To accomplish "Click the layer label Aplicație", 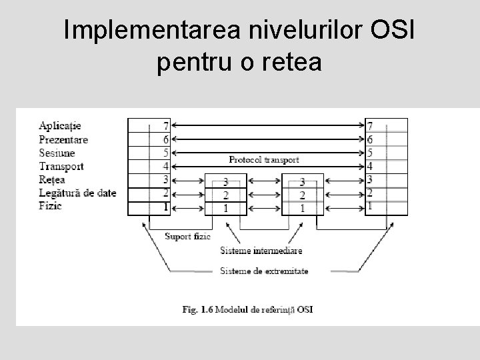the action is (x=60, y=126).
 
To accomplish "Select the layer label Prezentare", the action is (x=63, y=140).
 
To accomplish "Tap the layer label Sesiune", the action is (x=57, y=153).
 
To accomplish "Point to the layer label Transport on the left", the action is (x=61, y=167).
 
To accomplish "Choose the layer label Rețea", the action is (x=52, y=180).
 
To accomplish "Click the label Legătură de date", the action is (x=77, y=193).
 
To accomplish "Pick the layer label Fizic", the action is (x=50, y=206).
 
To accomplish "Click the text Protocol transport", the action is (x=264, y=160).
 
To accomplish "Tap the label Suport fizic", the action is (x=188, y=236).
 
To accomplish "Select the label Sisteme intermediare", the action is (x=261, y=251).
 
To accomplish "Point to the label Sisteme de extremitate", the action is (x=265, y=271).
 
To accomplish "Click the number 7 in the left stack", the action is (x=165, y=126).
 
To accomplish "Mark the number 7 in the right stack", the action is (x=370, y=126).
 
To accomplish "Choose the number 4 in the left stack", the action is (x=165, y=167).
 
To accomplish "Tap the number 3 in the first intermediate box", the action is (x=226, y=181).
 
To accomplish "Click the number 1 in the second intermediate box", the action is (x=303, y=207).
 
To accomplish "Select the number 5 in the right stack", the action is (x=370, y=153).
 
